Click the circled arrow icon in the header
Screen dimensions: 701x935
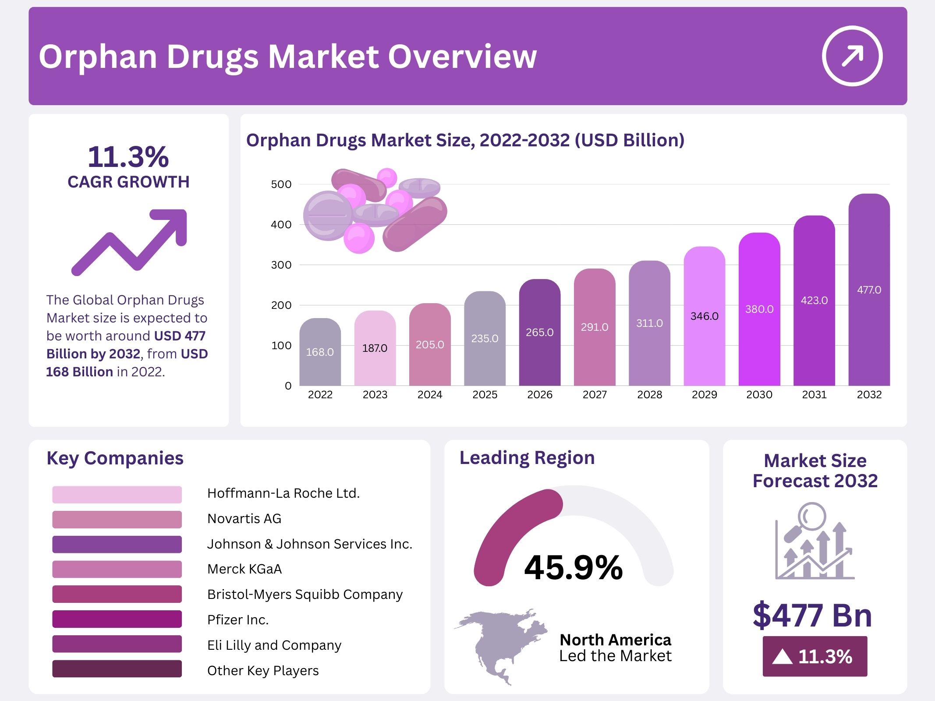852,56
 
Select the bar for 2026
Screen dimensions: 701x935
539,333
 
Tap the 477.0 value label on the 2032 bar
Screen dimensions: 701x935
869,290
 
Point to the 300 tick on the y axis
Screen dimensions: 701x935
281,265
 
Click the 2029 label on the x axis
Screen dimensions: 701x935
704,395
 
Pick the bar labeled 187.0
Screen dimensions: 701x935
375,348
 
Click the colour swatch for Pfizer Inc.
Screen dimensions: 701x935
117,619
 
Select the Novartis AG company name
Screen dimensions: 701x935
244,519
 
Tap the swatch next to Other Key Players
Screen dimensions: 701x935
117,669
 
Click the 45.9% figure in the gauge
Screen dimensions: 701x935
573,568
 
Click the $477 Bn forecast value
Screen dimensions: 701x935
812,616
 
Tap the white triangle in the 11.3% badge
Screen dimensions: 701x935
783,657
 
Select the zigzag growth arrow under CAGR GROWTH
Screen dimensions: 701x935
130,242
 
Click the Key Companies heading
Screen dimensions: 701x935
115,458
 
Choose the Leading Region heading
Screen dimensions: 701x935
527,458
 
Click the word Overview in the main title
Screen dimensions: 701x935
462,57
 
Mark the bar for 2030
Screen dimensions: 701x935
759,309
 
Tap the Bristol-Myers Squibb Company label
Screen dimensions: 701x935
305,595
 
